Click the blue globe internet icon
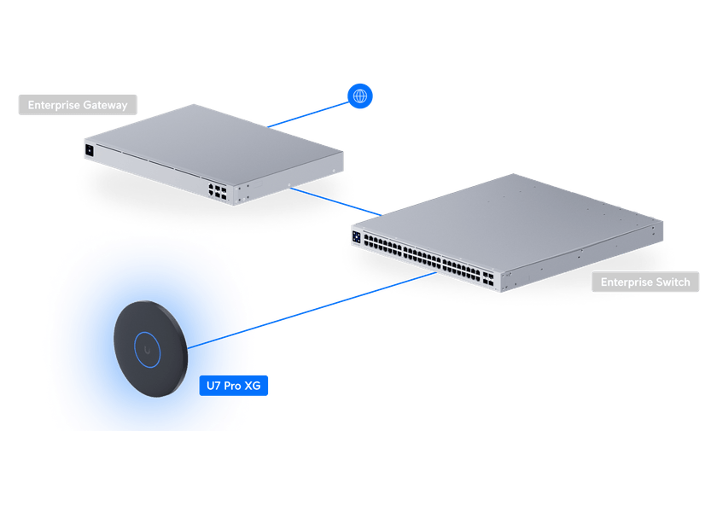pyautogui.click(x=360, y=96)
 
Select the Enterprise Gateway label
pyautogui.click(x=78, y=105)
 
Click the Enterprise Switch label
pyautogui.click(x=645, y=282)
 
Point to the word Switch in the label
pyautogui.click(x=673, y=282)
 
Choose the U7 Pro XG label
pyautogui.click(x=234, y=386)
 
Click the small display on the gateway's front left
pyautogui.click(x=89, y=150)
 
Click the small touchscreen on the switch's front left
pyautogui.click(x=356, y=236)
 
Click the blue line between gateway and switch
pyautogui.click(x=337, y=201)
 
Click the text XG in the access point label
pyautogui.click(x=253, y=386)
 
